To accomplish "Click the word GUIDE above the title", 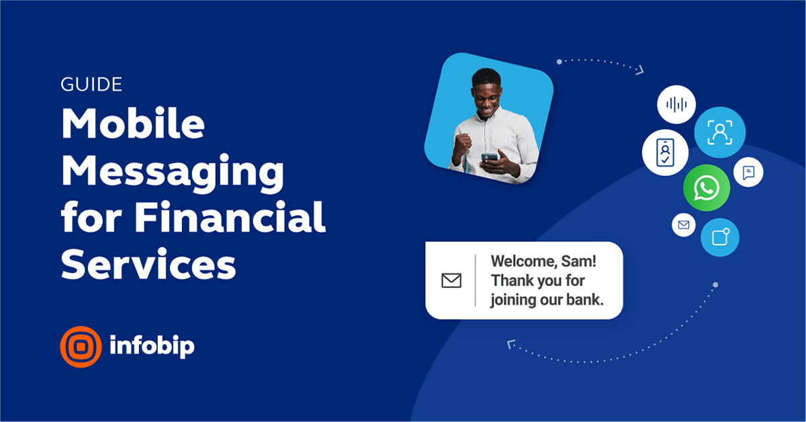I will [x=91, y=85].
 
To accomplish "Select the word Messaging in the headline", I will [x=173, y=171].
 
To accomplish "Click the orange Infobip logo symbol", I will [x=81, y=347].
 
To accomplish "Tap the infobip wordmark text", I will [x=152, y=346].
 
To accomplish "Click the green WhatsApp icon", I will [x=706, y=187].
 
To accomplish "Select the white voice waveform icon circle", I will [x=676, y=105].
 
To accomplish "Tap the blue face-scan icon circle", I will [x=719, y=132].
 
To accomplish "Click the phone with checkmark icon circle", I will [x=665, y=153].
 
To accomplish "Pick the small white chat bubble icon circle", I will [x=748, y=172].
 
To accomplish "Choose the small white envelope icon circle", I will [x=684, y=225].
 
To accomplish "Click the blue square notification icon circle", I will [x=720, y=237].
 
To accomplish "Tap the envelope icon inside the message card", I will [x=451, y=280].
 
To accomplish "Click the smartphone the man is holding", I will [x=490, y=158].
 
